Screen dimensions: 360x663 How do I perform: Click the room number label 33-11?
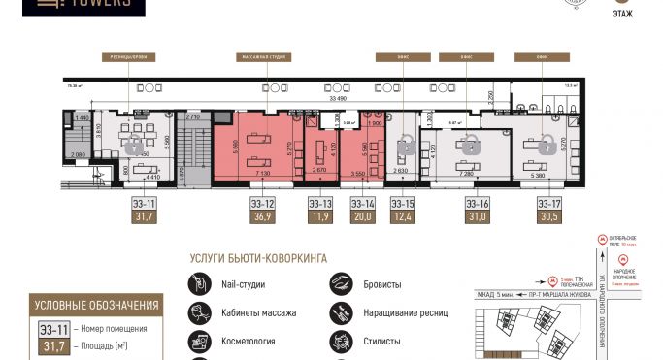pyautogui.click(x=145, y=204)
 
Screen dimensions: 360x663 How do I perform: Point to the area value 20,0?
pyautogui.click(x=363, y=218)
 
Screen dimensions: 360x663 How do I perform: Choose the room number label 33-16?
pyautogui.click(x=477, y=204)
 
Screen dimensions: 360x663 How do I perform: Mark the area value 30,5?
pyautogui.click(x=549, y=218)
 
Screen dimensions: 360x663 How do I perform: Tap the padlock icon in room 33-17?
pyautogui.click(x=546, y=144)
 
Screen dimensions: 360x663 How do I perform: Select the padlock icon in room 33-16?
pyautogui.click(x=471, y=146)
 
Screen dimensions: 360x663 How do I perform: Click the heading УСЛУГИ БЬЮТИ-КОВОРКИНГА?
pyautogui.click(x=258, y=259)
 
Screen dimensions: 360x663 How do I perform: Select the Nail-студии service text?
pyautogui.click(x=237, y=285)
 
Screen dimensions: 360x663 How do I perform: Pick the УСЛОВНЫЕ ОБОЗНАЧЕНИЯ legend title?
pyautogui.click(x=96, y=306)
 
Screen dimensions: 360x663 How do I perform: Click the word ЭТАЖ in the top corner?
pyautogui.click(x=623, y=14)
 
